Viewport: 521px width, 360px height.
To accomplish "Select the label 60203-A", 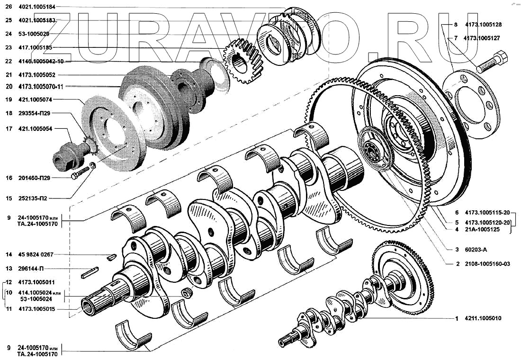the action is point(476,250).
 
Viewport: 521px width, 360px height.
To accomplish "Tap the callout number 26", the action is point(9,6).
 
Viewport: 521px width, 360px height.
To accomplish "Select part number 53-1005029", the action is point(34,34).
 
